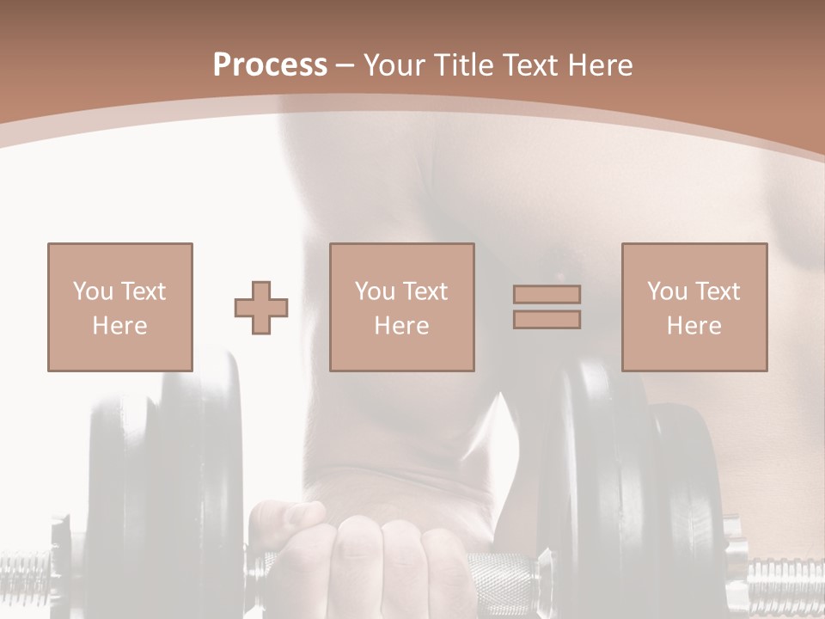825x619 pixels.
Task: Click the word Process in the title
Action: pos(270,65)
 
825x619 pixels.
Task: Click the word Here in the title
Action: pos(600,65)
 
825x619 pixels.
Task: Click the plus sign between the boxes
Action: pos(261,307)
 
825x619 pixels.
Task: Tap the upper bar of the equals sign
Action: pos(547,294)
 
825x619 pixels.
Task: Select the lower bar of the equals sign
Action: pos(547,319)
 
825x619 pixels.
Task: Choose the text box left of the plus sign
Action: pos(119,307)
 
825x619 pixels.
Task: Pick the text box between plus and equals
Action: pos(401,307)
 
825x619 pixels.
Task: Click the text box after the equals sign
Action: pos(694,307)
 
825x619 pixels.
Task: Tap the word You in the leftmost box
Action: pos(91,291)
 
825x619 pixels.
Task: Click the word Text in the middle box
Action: pos(425,291)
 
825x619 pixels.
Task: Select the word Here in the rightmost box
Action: pos(694,326)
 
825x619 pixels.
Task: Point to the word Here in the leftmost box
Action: pos(119,326)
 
